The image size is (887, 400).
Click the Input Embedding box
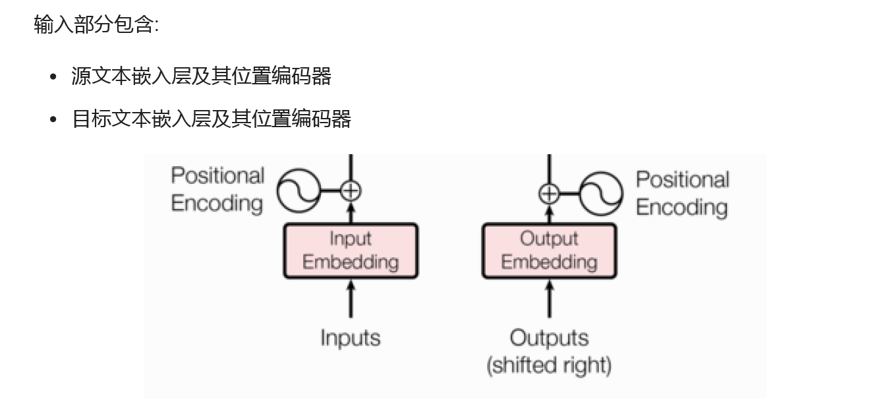(351, 250)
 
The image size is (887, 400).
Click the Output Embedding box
(549, 250)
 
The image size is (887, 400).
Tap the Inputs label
(350, 338)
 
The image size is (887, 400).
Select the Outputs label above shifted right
(549, 338)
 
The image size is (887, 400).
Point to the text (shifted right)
(549, 364)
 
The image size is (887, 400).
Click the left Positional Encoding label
(217, 189)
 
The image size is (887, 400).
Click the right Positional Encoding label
(682, 193)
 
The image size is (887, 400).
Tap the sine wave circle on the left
(297, 191)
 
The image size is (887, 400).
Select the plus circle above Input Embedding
(351, 191)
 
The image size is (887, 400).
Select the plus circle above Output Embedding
(549, 194)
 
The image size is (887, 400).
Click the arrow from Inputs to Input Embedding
(351, 300)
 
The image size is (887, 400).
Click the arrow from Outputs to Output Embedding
(549, 300)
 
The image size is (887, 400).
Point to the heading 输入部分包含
(96, 25)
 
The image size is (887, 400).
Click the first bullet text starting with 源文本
(201, 76)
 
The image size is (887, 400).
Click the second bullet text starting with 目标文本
(211, 119)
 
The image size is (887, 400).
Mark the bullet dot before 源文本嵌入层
(54, 77)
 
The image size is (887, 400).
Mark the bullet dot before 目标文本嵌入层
(54, 120)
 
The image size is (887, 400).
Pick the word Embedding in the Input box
(351, 262)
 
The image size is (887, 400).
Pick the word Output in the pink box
(549, 239)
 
